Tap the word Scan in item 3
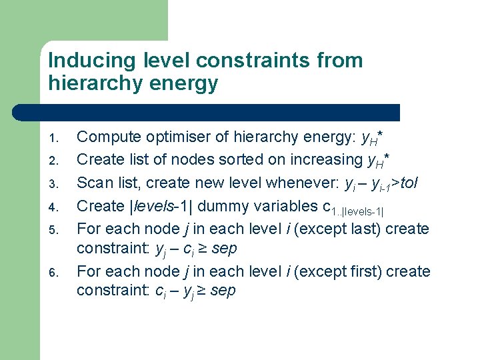[x=93, y=182]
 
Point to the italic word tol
[x=417, y=182]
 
